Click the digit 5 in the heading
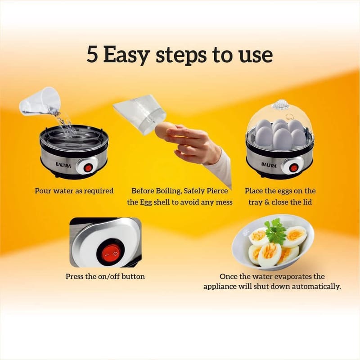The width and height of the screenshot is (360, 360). tap(92, 55)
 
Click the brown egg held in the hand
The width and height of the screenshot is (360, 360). tap(165, 130)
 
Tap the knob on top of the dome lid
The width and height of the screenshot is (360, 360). tap(279, 104)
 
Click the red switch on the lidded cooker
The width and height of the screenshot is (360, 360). tap(293, 168)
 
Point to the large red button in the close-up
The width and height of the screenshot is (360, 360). tap(111, 254)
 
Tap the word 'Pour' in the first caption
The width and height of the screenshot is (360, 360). tap(43, 191)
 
